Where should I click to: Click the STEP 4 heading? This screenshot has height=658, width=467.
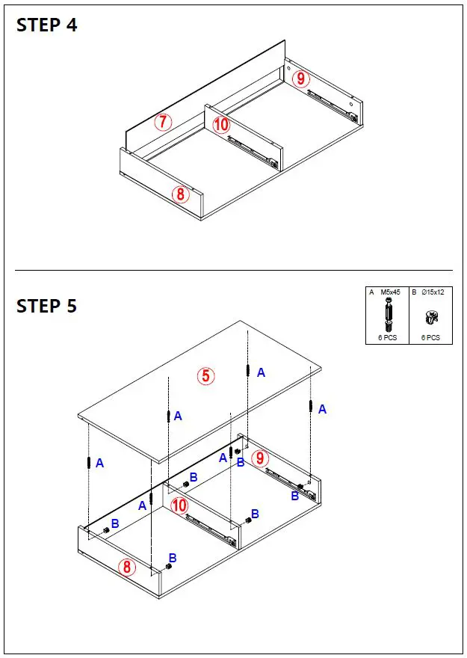46,25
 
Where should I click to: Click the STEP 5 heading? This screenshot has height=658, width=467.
46,306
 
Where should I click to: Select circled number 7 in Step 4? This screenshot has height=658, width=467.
164,122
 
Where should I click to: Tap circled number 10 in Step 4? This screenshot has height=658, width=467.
221,124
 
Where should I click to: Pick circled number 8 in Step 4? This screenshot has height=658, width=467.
180,194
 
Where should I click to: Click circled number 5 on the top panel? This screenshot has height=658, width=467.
206,376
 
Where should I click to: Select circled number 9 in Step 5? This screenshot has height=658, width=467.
259,458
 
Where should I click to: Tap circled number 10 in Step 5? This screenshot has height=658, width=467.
179,505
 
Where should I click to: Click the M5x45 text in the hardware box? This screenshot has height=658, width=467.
391,292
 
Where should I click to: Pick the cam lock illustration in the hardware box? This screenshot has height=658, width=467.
430,317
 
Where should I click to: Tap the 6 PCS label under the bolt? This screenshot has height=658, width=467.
388,337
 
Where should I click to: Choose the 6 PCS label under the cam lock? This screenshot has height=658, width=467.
430,337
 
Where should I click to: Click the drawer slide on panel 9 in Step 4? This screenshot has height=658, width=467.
330,103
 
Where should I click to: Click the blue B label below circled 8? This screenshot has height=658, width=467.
173,558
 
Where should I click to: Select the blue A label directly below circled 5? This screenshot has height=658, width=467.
178,416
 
